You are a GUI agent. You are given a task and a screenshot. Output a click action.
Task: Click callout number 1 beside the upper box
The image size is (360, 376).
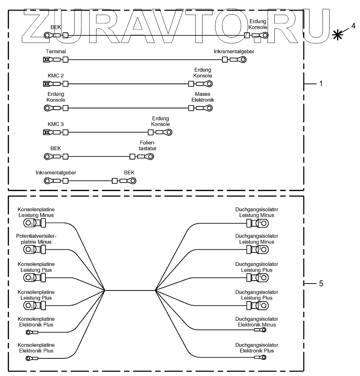[321, 83]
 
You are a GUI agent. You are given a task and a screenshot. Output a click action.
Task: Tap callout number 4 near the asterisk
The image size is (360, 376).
[353, 26]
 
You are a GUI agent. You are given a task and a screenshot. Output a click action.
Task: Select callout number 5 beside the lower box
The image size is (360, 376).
[321, 283]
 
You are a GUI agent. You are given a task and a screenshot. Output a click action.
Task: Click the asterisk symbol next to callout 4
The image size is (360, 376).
[338, 35]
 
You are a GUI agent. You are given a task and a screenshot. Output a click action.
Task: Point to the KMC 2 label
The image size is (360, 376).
[56, 76]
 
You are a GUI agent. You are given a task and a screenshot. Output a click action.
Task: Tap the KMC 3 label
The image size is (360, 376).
[56, 124]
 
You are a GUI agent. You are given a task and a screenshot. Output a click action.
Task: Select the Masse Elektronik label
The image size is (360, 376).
[203, 97]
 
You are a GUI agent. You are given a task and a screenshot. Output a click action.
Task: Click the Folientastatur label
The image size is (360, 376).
[147, 146]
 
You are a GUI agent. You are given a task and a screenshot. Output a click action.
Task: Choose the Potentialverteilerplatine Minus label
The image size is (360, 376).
[36, 239]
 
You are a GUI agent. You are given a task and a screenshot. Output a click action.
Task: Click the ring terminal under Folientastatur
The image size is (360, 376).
[152, 156]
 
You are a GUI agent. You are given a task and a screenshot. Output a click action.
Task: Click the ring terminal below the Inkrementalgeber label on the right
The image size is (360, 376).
[243, 60]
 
